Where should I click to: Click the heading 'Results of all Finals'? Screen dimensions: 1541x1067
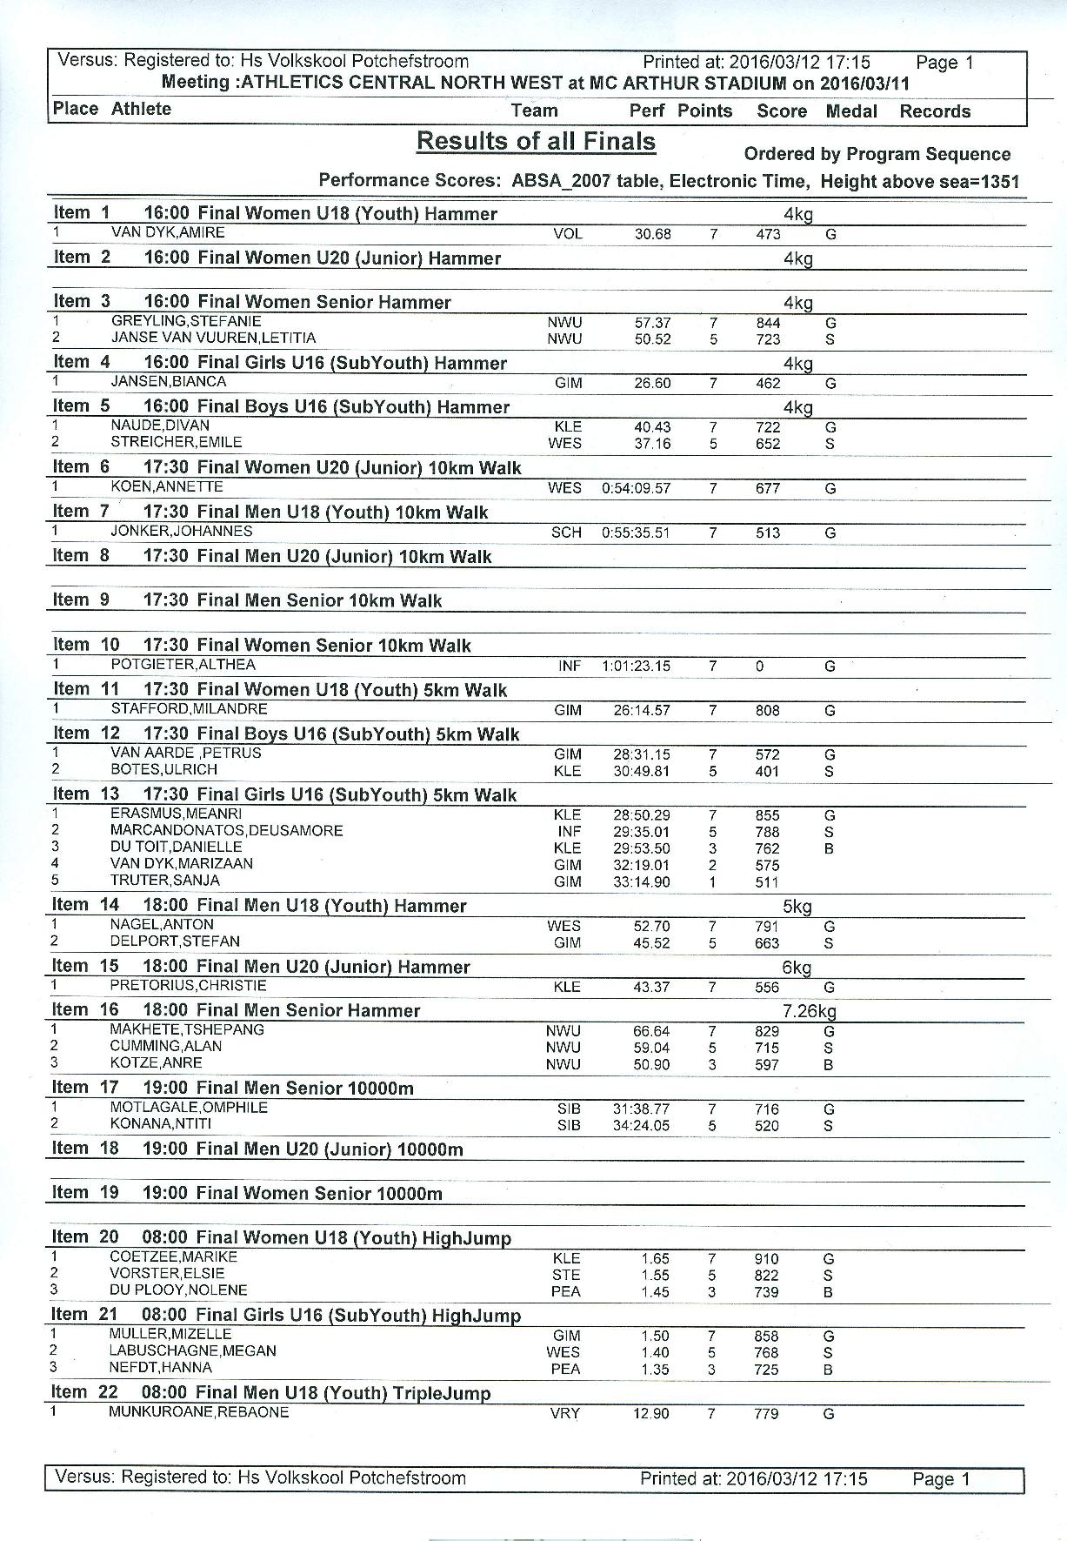pos(536,141)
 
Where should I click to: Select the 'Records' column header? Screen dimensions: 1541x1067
pos(935,111)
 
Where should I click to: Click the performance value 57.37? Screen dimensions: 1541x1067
pos(652,323)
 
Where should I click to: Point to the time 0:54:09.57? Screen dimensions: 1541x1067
pos(636,488)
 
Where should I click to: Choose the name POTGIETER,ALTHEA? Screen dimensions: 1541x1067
pos(183,665)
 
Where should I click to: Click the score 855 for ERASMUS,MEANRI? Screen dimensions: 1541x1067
pos(768,815)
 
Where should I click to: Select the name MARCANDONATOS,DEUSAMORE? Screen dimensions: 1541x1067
pos(226,830)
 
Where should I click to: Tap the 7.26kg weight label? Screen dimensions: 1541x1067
pos(809,1011)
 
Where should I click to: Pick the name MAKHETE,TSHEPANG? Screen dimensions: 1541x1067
pos(187,1029)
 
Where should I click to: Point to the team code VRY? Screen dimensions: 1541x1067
pos(565,1414)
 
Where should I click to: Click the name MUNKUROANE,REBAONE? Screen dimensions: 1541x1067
pos(198,1412)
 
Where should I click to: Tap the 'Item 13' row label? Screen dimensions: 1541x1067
pos(85,794)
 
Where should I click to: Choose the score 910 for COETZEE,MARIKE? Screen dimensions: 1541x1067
pos(766,1259)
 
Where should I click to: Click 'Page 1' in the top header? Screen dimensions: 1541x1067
pos(944,63)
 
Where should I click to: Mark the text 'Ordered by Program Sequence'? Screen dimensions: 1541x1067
pos(877,154)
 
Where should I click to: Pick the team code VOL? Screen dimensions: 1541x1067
pos(567,234)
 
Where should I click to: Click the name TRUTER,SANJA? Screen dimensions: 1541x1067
pos(164,880)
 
